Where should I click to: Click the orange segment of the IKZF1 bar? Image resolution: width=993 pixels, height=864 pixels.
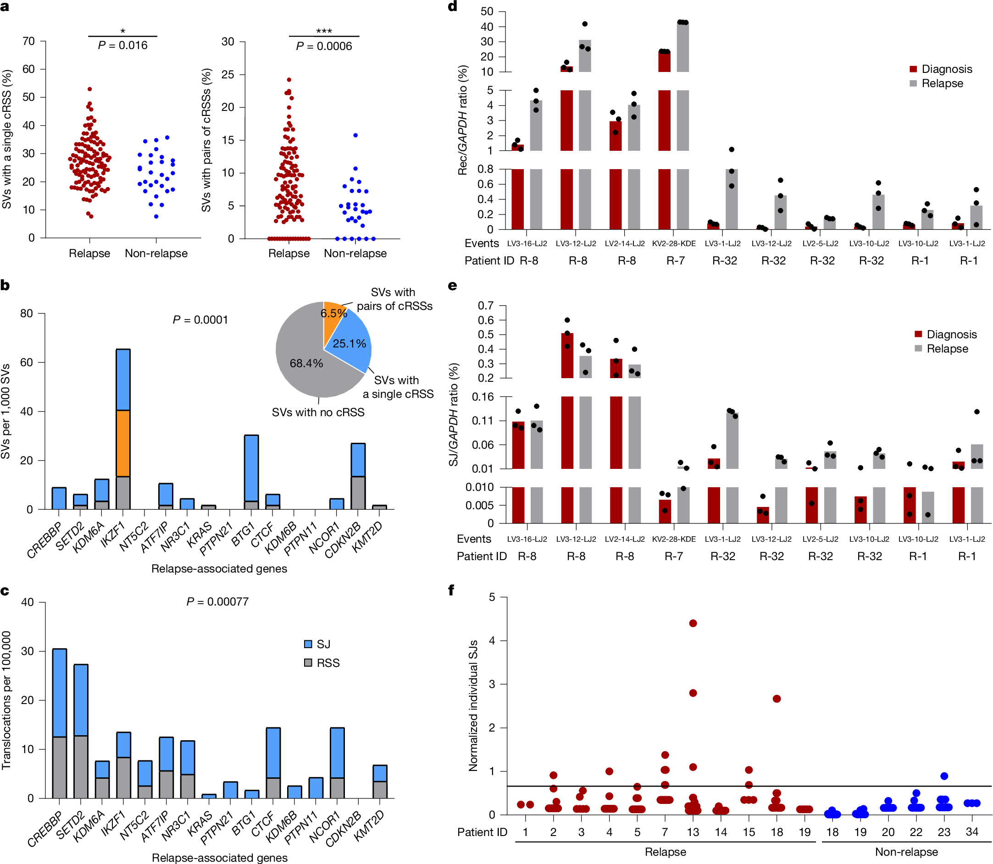click(x=123, y=443)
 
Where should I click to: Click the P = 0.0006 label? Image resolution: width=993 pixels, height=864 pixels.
click(x=324, y=46)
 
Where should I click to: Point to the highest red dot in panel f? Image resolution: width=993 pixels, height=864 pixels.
click(x=693, y=623)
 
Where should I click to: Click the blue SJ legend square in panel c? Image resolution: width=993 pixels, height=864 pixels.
click(x=308, y=644)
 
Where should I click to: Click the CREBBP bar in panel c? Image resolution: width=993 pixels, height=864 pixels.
click(x=59, y=723)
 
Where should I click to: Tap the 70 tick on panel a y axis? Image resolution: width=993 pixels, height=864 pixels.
click(x=28, y=41)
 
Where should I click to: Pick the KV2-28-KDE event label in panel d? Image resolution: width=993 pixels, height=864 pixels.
click(x=674, y=243)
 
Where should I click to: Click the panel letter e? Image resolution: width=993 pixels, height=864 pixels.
click(x=452, y=286)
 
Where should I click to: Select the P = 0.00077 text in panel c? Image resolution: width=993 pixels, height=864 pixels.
click(x=217, y=602)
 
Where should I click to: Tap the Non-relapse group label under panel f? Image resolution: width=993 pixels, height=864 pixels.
click(x=906, y=852)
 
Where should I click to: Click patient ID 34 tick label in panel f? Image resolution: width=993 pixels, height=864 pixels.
click(x=972, y=832)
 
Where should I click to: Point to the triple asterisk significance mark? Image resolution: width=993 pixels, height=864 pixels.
click(x=324, y=31)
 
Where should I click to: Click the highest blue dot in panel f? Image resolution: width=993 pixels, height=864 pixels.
click(x=944, y=776)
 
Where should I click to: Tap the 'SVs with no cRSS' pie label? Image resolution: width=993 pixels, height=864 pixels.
click(x=318, y=412)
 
